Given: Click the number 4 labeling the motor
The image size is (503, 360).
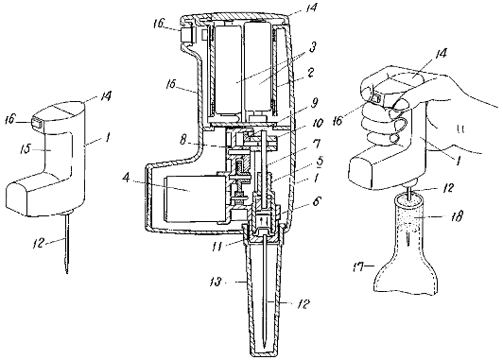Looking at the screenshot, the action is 127,178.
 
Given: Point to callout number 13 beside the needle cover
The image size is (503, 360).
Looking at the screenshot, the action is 216,283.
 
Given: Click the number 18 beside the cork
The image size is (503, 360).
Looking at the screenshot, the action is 456,217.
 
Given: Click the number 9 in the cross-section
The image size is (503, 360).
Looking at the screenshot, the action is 314,103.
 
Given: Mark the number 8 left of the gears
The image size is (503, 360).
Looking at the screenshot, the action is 182,141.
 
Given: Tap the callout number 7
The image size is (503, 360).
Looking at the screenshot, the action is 315,145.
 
